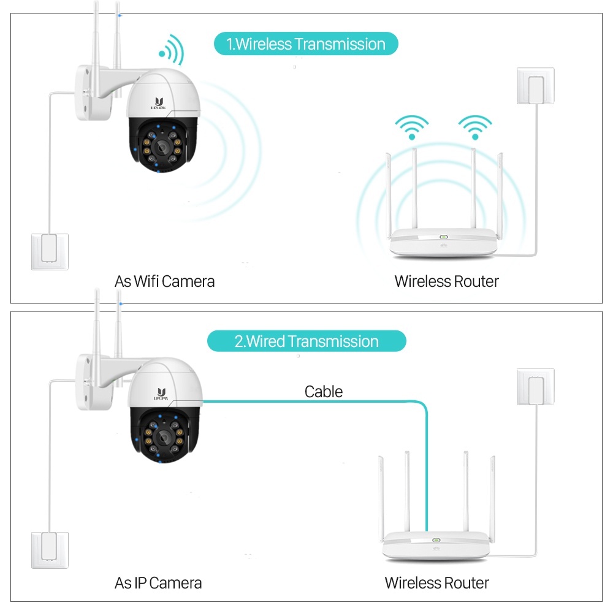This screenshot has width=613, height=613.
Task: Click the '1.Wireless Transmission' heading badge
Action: [x=306, y=44]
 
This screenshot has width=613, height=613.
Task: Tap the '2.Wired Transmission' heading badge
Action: [x=306, y=341]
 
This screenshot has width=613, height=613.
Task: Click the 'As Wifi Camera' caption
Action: [x=164, y=281]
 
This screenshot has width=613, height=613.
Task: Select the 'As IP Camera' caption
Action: [x=158, y=582]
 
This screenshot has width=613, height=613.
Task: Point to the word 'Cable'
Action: [x=324, y=392]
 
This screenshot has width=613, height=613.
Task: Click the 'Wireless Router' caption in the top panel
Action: [x=446, y=281]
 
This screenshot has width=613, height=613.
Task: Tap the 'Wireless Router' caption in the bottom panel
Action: [x=436, y=582]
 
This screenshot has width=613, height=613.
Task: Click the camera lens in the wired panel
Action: [x=162, y=435]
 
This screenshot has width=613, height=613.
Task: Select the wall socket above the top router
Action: [x=536, y=86]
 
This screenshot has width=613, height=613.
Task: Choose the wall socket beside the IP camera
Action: [x=50, y=550]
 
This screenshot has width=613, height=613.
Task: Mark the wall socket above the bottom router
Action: [x=536, y=387]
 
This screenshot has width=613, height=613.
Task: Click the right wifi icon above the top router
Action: [x=475, y=126]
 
